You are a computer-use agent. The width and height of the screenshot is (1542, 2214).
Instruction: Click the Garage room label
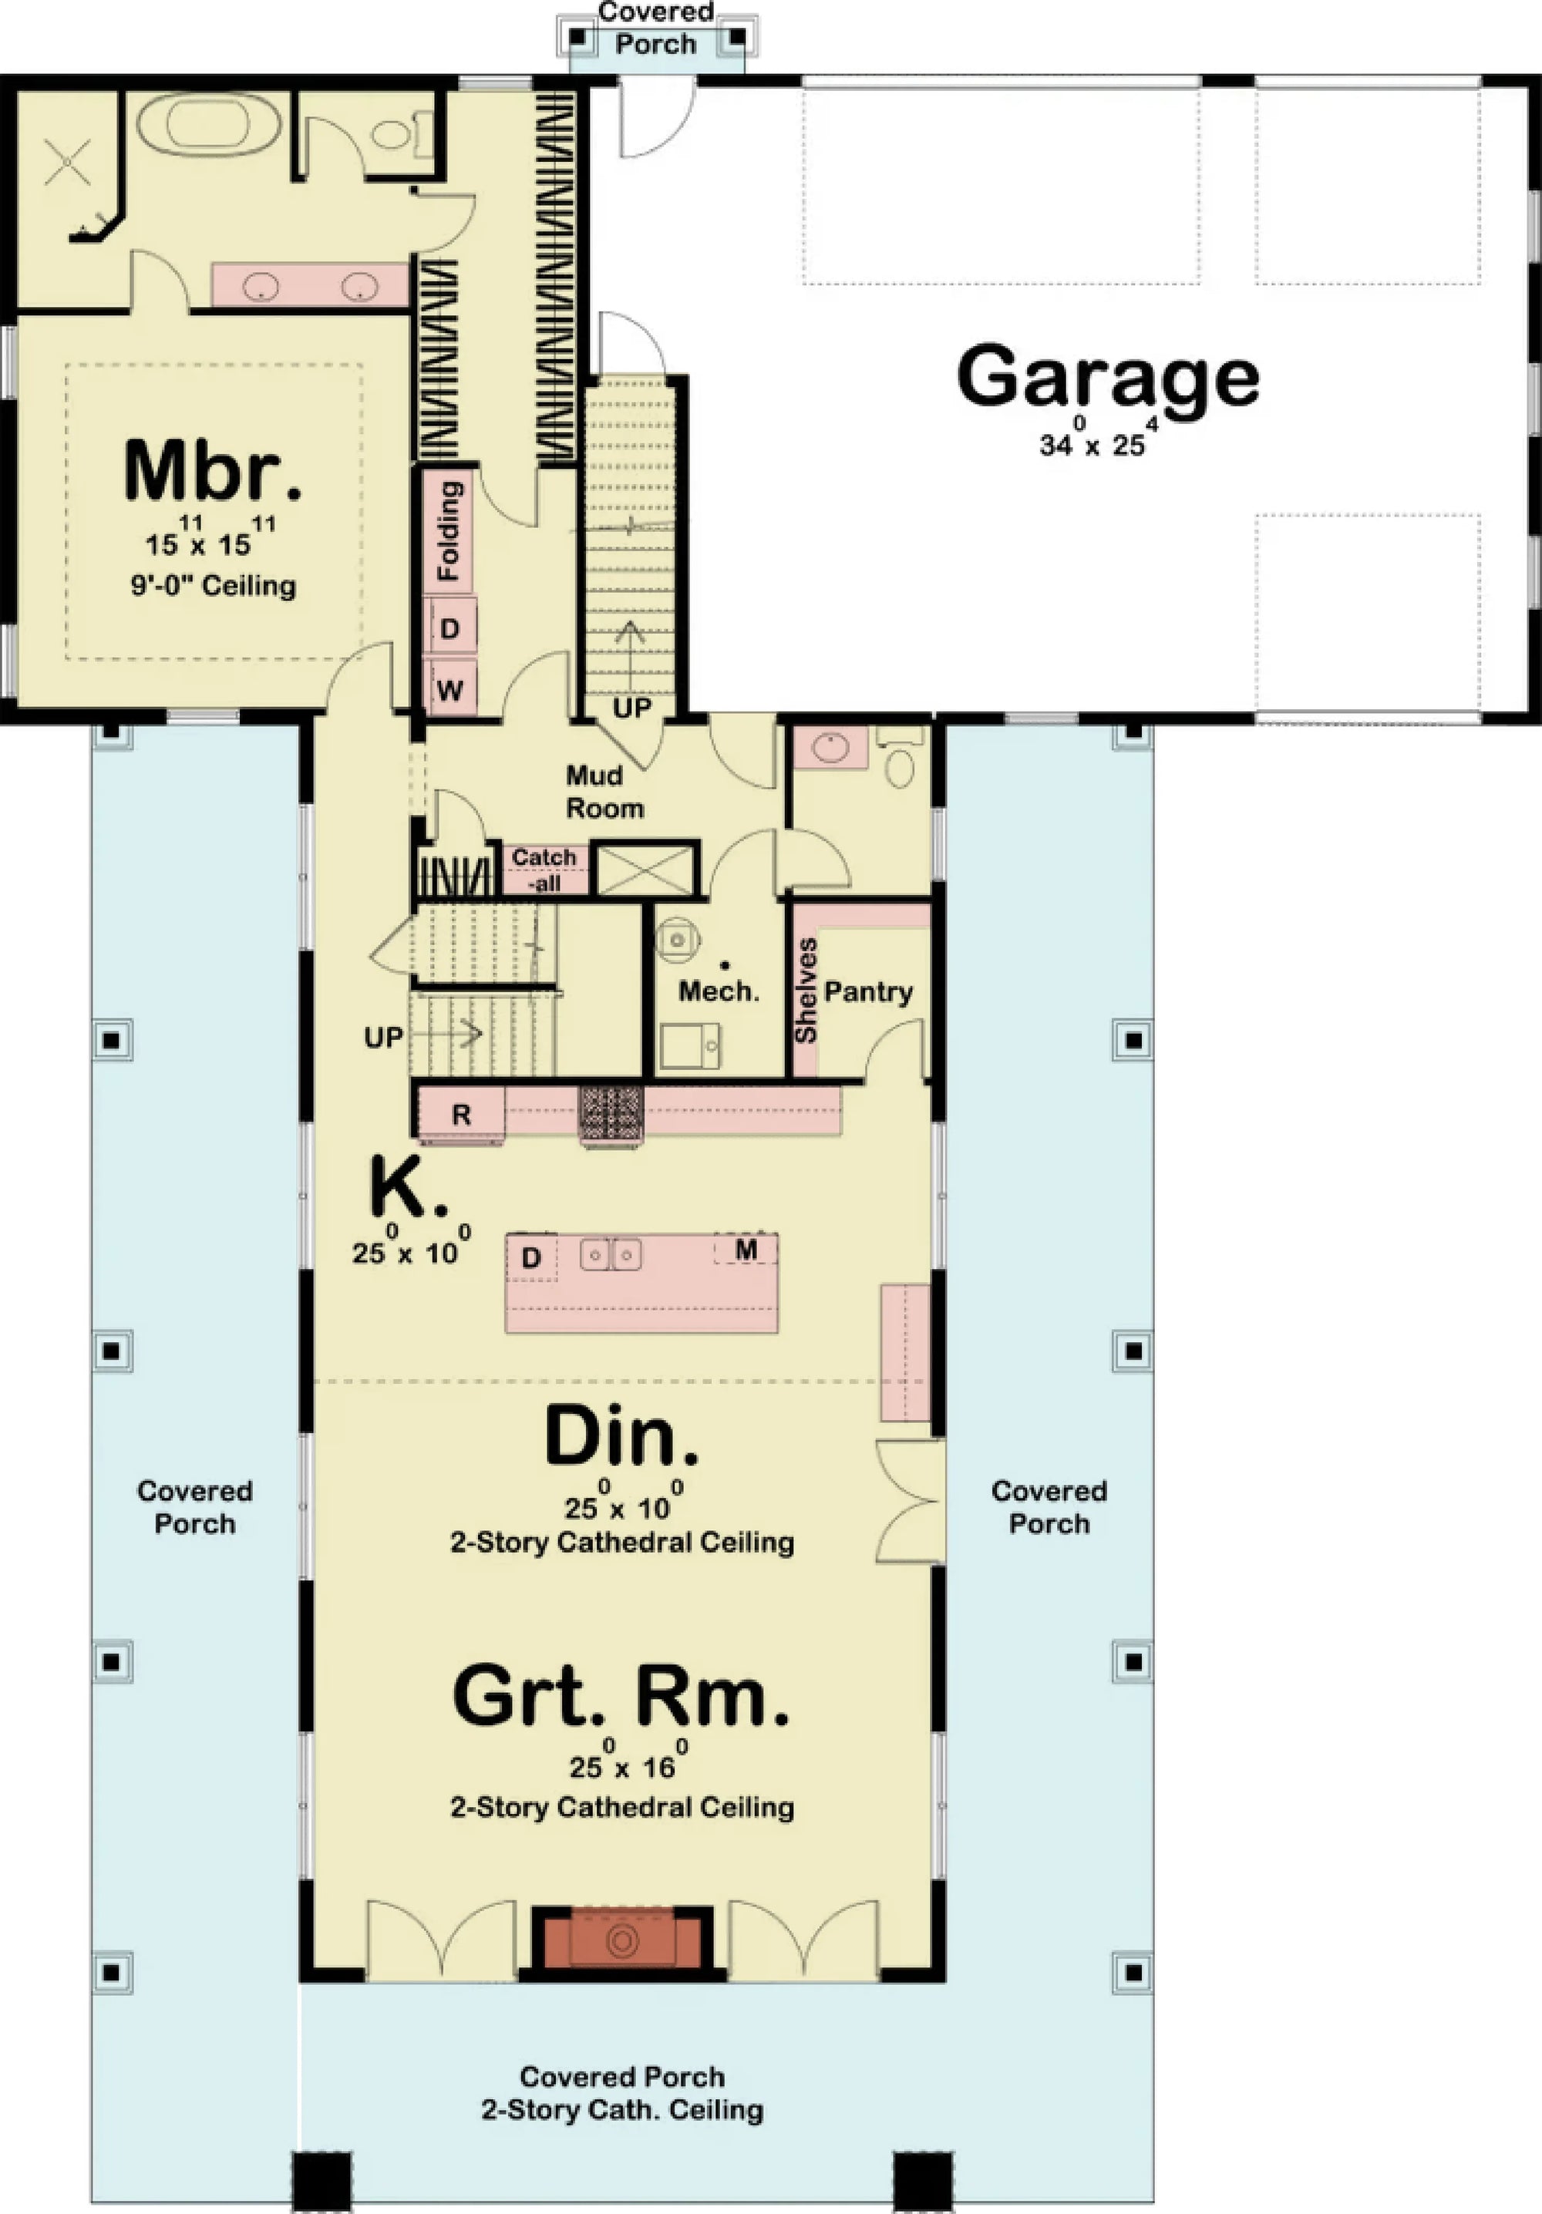(1107, 378)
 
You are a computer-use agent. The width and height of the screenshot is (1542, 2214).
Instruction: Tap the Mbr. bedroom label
(213, 473)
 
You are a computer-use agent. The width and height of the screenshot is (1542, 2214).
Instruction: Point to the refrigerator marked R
(461, 1115)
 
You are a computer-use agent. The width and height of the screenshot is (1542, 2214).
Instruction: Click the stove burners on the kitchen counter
(611, 1111)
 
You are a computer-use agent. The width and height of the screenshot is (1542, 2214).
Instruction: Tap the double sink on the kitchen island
(611, 1254)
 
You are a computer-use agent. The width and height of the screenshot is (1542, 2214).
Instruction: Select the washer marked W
(449, 689)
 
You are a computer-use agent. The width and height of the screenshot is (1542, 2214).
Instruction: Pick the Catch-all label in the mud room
(544, 869)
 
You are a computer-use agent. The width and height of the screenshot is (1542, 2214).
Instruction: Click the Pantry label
(868, 991)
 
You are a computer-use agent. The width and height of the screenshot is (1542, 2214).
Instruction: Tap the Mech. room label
(719, 991)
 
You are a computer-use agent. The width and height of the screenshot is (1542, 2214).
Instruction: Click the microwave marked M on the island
(746, 1250)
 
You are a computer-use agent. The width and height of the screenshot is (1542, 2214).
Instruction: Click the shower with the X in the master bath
(68, 161)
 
